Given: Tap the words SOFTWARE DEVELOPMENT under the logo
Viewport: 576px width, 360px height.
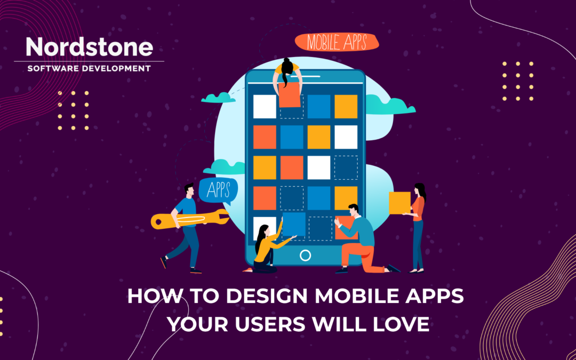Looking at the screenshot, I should click(x=89, y=68).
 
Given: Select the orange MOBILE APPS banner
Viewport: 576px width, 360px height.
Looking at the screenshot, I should click(x=336, y=42).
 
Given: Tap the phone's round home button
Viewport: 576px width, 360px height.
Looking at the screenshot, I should click(x=305, y=255).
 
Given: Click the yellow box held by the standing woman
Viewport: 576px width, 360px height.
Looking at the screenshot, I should click(x=399, y=203).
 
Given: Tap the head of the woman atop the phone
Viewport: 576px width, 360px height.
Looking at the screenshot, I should click(x=288, y=67).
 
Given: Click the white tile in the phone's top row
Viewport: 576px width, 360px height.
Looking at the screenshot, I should click(x=265, y=106).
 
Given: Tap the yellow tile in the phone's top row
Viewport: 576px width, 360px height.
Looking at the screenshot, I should click(x=346, y=106).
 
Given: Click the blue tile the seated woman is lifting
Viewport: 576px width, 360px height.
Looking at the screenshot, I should click(x=294, y=224).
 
